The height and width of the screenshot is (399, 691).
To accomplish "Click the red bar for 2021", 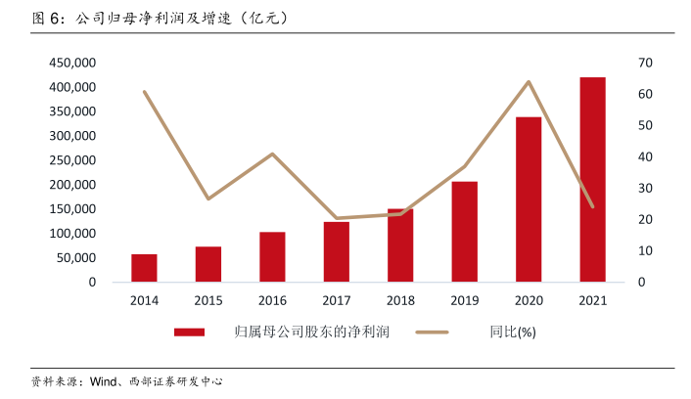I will click(x=592, y=180).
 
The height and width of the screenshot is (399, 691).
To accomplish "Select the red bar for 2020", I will click(x=529, y=199).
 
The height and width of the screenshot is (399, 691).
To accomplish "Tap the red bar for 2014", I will click(x=144, y=268).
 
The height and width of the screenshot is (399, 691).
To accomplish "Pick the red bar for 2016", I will click(x=272, y=257).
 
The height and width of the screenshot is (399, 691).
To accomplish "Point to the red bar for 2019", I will click(x=464, y=232).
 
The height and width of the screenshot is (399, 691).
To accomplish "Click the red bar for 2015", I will click(x=207, y=264).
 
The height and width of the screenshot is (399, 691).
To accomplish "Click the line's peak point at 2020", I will click(x=529, y=82).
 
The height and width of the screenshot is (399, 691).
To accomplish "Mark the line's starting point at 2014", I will click(x=144, y=92).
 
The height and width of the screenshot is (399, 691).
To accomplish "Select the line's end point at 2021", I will click(x=592, y=206).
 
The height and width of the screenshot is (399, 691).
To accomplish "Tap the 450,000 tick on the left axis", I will click(x=71, y=63).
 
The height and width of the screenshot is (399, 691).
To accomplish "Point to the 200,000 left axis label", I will click(x=71, y=185).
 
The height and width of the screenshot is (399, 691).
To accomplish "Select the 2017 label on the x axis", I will click(x=336, y=300).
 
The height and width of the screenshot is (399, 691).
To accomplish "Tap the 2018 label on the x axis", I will click(x=400, y=300).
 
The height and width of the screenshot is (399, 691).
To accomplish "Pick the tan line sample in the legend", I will click(x=432, y=332).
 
